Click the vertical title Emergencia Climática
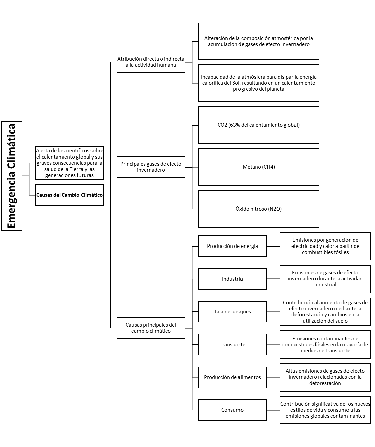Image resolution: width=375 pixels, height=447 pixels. point(11,176)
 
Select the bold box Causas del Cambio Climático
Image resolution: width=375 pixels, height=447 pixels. point(69,195)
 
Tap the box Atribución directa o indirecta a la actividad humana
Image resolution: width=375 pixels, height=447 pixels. point(151,62)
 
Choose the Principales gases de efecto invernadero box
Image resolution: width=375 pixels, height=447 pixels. point(151,167)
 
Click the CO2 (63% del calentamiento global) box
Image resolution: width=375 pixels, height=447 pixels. point(259,125)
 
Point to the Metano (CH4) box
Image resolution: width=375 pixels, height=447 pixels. point(259,167)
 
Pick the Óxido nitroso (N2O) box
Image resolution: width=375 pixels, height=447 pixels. point(259,209)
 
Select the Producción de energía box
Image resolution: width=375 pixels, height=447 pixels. point(232,246)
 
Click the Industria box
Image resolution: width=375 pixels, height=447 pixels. point(232,279)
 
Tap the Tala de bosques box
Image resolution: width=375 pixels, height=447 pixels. point(232,312)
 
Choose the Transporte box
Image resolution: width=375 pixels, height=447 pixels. point(232,345)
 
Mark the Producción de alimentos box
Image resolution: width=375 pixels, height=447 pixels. point(232,377)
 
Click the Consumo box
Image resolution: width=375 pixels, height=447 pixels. point(232,410)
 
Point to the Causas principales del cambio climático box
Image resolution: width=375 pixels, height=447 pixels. point(151,328)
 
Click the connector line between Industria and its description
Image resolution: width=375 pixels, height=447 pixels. point(273,279)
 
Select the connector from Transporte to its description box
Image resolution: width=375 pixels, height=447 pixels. point(273,345)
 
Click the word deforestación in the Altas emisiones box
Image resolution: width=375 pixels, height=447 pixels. point(325,383)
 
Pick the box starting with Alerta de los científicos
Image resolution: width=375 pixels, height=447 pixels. point(69,163)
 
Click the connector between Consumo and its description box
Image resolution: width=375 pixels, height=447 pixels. point(273,410)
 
